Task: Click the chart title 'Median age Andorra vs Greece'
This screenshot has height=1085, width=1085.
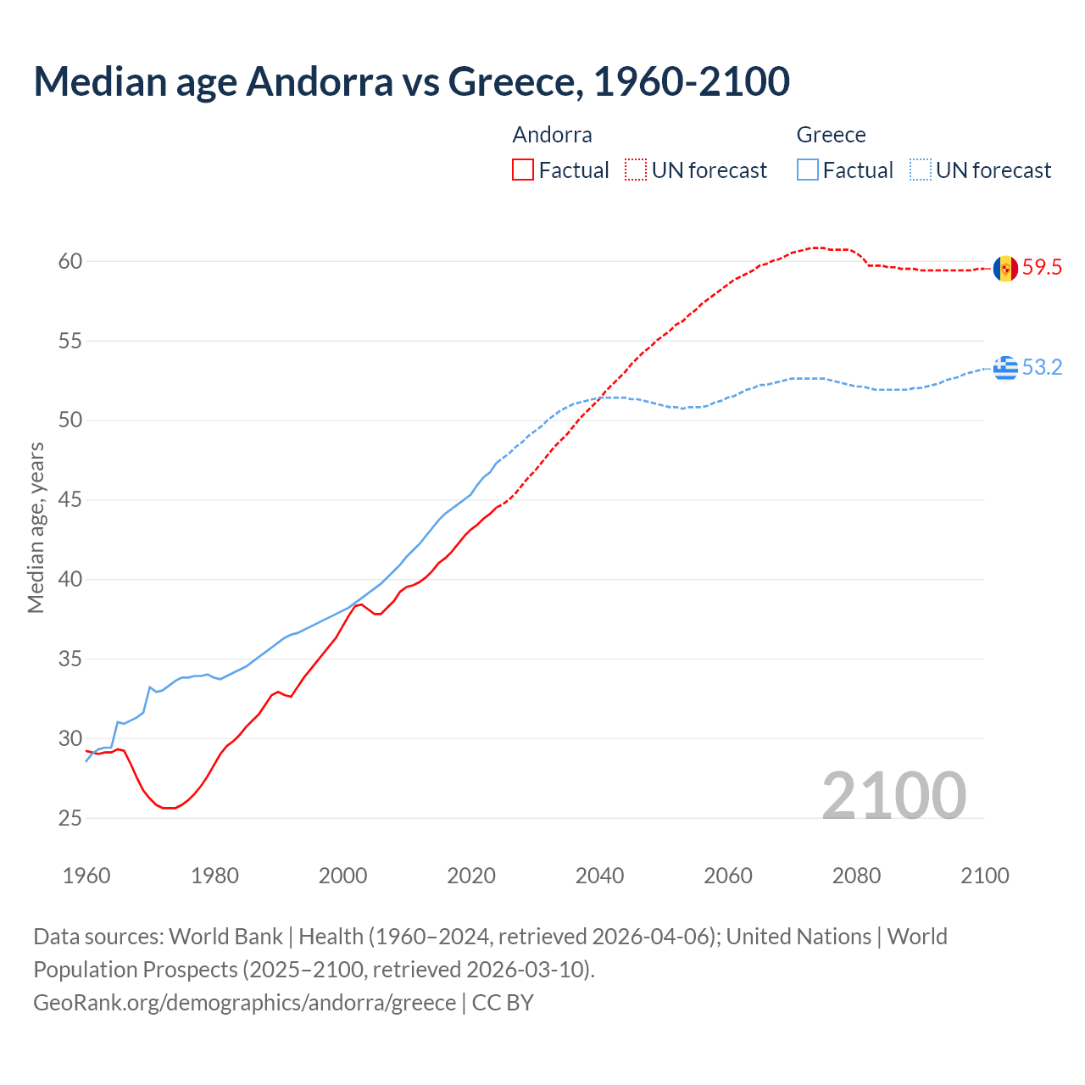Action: [x=411, y=81]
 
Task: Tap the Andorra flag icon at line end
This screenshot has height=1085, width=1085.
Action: [x=1005, y=268]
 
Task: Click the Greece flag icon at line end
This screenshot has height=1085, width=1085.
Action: [x=1005, y=368]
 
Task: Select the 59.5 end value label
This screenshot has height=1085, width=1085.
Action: [x=1042, y=268]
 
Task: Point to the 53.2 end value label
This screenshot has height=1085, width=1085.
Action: [x=1042, y=368]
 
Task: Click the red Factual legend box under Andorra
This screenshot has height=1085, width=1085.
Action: [x=523, y=170]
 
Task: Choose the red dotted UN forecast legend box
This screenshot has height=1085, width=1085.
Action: [x=636, y=170]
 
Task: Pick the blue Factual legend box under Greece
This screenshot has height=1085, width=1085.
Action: [x=808, y=170]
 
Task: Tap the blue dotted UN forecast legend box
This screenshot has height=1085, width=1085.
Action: [x=920, y=170]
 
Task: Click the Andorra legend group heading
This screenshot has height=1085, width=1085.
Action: [x=552, y=135]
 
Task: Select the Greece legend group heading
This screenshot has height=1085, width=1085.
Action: [x=831, y=135]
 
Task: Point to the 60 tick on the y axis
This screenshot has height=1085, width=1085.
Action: [x=70, y=262]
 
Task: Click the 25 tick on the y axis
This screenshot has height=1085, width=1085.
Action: [x=70, y=819]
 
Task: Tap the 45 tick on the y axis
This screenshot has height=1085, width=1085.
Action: [x=70, y=500]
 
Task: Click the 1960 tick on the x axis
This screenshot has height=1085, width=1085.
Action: [x=86, y=876]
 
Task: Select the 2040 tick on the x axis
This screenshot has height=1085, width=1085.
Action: [x=599, y=876]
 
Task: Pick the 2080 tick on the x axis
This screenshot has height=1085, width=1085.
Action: [x=856, y=876]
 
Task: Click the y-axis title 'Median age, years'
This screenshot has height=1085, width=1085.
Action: [x=36, y=527]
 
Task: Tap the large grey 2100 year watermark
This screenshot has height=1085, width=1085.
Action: [x=893, y=795]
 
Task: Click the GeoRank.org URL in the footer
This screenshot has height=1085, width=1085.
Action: [x=244, y=1003]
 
